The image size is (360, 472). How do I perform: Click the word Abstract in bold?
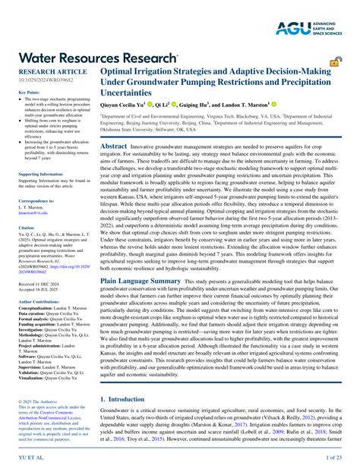tap(114, 146)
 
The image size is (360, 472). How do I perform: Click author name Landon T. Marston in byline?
tap(242, 103)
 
